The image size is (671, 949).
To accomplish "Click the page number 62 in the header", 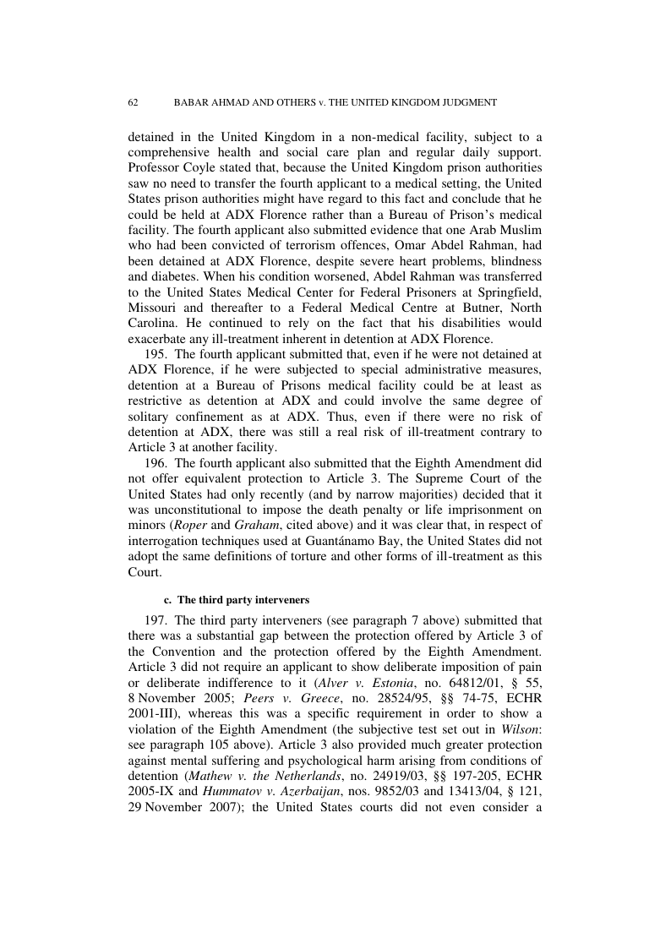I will [x=133, y=102].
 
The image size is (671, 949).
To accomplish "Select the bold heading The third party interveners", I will [x=244, y=600].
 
